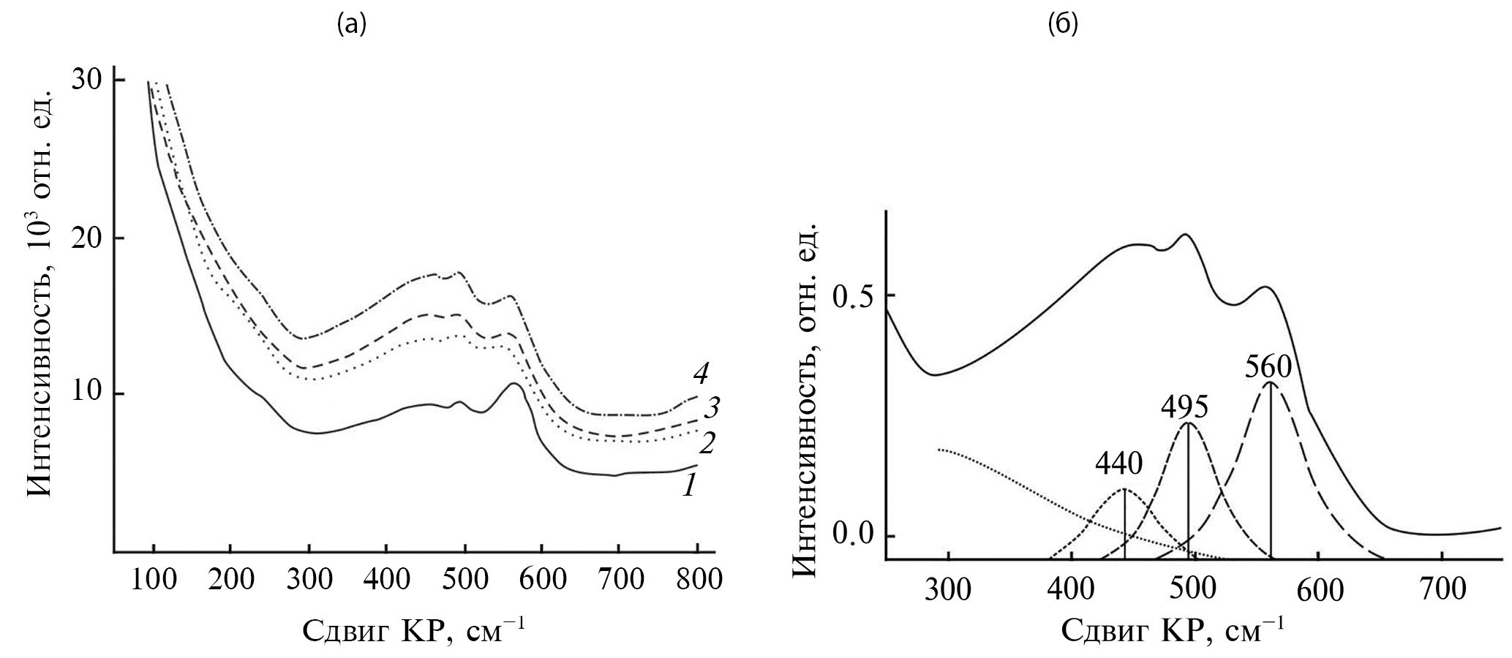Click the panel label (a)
click(351, 26)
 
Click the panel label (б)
click(1063, 26)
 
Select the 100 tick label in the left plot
click(154, 580)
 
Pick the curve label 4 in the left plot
click(701, 374)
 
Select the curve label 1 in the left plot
click(688, 485)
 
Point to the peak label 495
click(1184, 407)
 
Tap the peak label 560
click(1268, 366)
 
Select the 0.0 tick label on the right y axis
click(852, 535)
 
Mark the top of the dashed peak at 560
click(1271, 382)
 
